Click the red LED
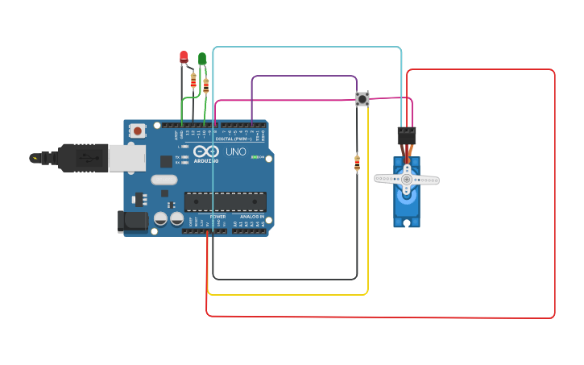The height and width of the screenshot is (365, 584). click(184, 56)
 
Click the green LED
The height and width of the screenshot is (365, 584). click(202, 58)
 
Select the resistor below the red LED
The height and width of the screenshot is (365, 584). click(193, 80)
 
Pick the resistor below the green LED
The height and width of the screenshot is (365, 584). click(206, 85)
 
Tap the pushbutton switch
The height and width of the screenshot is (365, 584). click(362, 99)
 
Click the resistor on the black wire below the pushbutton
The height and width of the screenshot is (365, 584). click(357, 163)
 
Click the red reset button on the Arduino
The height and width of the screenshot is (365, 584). click(138, 131)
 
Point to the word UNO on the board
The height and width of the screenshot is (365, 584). click(236, 151)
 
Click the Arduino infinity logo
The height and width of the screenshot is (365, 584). click(206, 151)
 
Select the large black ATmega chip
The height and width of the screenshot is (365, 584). click(225, 201)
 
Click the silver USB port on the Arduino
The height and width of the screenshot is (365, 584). click(126, 158)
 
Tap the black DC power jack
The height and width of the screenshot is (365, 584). click(132, 222)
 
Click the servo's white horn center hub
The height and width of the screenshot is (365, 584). click(407, 179)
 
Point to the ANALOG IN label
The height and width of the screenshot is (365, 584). click(250, 217)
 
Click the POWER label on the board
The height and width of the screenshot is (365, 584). click(217, 217)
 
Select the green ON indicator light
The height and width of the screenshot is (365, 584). click(256, 157)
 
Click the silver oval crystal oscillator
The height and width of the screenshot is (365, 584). click(164, 180)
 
